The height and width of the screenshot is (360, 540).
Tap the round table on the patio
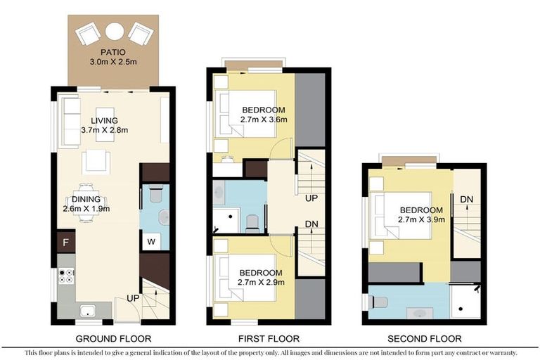114,30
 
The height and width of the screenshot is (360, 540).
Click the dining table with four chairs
86,202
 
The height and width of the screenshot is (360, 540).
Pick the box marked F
65,243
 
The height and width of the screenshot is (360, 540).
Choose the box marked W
151,243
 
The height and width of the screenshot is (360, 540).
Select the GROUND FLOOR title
112,338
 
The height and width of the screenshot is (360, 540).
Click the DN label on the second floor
466,200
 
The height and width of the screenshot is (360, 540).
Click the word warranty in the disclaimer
501,352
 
